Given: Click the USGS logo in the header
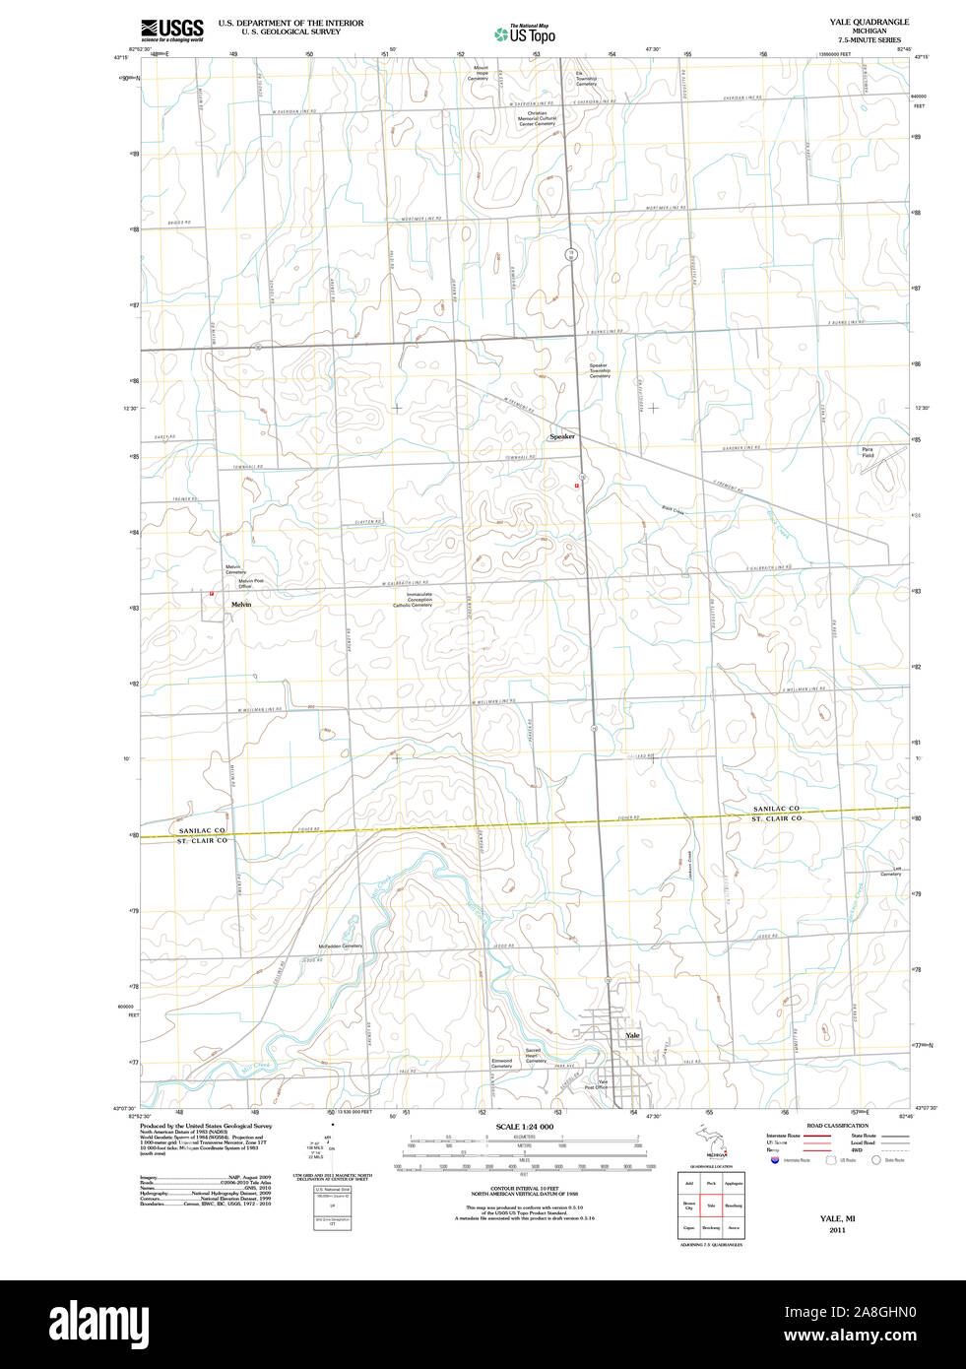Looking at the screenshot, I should pos(172,30).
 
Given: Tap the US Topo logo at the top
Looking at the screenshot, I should pos(525,34).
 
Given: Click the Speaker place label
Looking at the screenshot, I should pos(561,436).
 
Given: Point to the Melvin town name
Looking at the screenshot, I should pos(241,604).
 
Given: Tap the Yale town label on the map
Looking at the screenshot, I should pos(632,1035).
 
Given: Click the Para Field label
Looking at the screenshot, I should pos(868,452).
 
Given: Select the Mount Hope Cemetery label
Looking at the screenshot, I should pos(482,73).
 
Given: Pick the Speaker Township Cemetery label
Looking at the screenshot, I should pos(600,370).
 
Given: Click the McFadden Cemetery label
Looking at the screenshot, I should pos(341,945).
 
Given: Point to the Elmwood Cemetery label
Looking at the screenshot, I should pos(501,1064).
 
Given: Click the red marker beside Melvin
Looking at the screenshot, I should pos(211,594).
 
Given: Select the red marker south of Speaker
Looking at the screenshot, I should pos(576,486).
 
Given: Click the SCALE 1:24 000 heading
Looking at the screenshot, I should pos(524,1126).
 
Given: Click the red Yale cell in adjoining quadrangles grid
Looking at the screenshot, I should pos(711,1205).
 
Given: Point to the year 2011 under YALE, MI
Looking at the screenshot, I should pos(837,1230).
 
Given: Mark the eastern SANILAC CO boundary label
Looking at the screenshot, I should pos(776,809).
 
